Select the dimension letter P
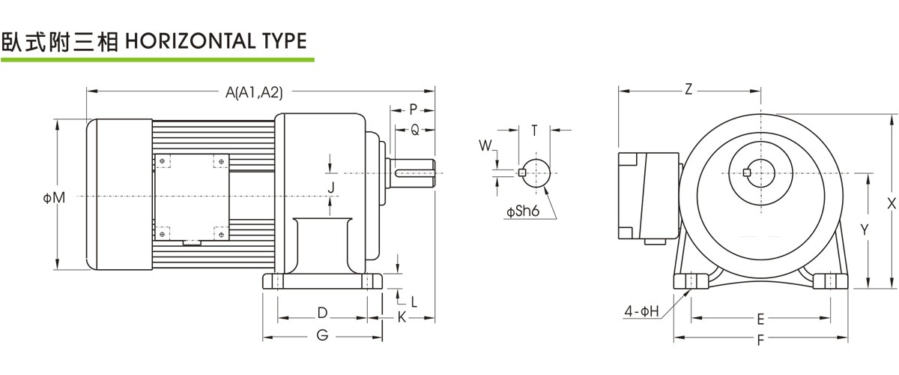(x=414, y=109)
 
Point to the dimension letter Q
(x=415, y=129)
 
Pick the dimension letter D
(x=322, y=311)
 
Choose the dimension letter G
(x=322, y=335)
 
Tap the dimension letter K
(x=402, y=317)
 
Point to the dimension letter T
(x=534, y=130)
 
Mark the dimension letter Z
(x=688, y=89)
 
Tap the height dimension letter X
(x=890, y=202)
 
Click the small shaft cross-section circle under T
(x=534, y=172)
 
